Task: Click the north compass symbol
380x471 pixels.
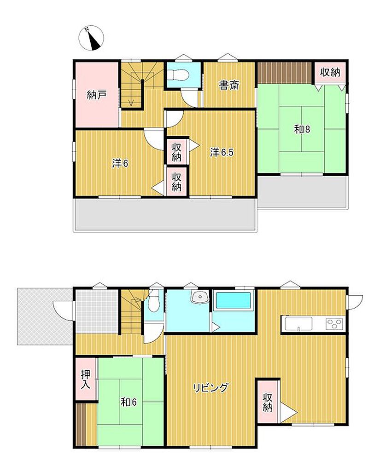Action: tap(91, 39)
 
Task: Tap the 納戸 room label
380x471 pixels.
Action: tap(96, 95)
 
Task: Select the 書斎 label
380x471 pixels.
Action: tap(229, 85)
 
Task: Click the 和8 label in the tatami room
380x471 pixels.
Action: tap(302, 129)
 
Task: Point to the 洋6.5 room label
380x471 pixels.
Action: tap(222, 153)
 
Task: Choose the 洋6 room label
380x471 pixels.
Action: tap(120, 164)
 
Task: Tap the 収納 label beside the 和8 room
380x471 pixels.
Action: tap(330, 72)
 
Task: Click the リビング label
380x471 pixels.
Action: tap(210, 388)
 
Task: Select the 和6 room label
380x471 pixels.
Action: tap(129, 402)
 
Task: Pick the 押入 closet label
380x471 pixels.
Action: tap(86, 379)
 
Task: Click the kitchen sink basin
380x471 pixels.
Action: tap(298, 324)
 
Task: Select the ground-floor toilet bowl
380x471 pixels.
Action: tap(154, 304)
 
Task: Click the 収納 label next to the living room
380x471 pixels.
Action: tap(268, 402)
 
